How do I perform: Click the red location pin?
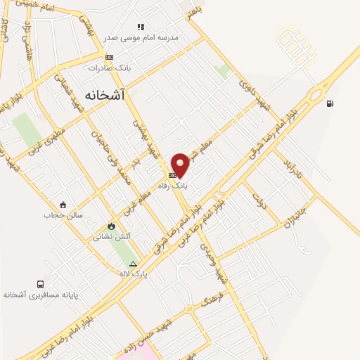[x=181, y=164]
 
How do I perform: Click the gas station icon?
[x=329, y=104]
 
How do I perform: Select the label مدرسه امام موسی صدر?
[x=141, y=37]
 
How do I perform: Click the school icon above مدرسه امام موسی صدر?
[x=141, y=27]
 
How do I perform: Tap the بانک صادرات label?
[x=109, y=67]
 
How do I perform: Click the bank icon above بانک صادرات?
[x=109, y=57]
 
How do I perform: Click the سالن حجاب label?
[x=63, y=215]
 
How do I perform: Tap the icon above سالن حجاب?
[x=63, y=205]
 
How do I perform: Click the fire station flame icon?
[x=110, y=226]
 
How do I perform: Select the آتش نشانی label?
[x=111, y=237]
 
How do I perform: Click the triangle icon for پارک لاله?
[x=133, y=264]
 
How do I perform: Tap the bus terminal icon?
[x=39, y=284]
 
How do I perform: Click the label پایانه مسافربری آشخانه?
[x=39, y=295]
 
